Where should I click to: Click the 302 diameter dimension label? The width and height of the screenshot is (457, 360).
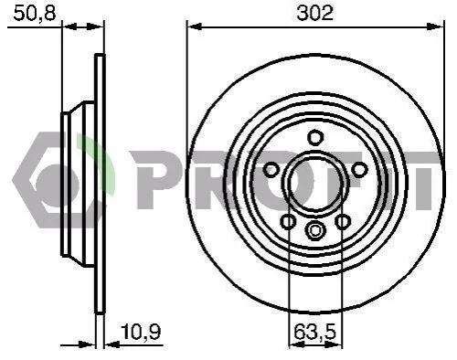[315, 14]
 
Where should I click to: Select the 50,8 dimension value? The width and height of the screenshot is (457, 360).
[35, 14]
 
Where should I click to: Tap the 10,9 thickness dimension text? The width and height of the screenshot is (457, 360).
[141, 332]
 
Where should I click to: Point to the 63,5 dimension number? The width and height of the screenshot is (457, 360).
[315, 332]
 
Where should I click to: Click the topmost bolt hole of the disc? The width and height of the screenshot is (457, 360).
[315, 137]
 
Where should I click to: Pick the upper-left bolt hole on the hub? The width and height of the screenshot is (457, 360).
[271, 170]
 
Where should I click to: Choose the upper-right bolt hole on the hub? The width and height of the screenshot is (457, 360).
[359, 170]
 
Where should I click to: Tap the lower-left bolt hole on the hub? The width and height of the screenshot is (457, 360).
[288, 221]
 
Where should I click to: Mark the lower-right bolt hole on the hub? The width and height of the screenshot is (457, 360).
[343, 221]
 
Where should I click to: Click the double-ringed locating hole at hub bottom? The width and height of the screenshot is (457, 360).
[315, 230]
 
